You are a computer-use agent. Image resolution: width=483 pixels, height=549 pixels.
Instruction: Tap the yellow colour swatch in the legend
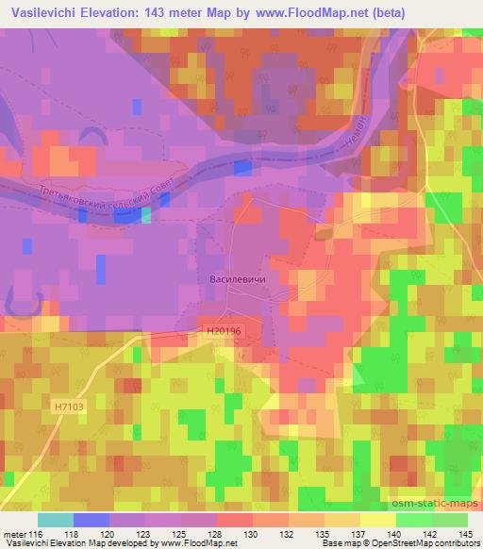click(x=377, y=520)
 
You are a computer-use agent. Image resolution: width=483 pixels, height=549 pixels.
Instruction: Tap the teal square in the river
click(x=145, y=215)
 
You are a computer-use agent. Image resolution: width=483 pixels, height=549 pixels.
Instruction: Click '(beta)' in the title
click(x=457, y=13)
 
